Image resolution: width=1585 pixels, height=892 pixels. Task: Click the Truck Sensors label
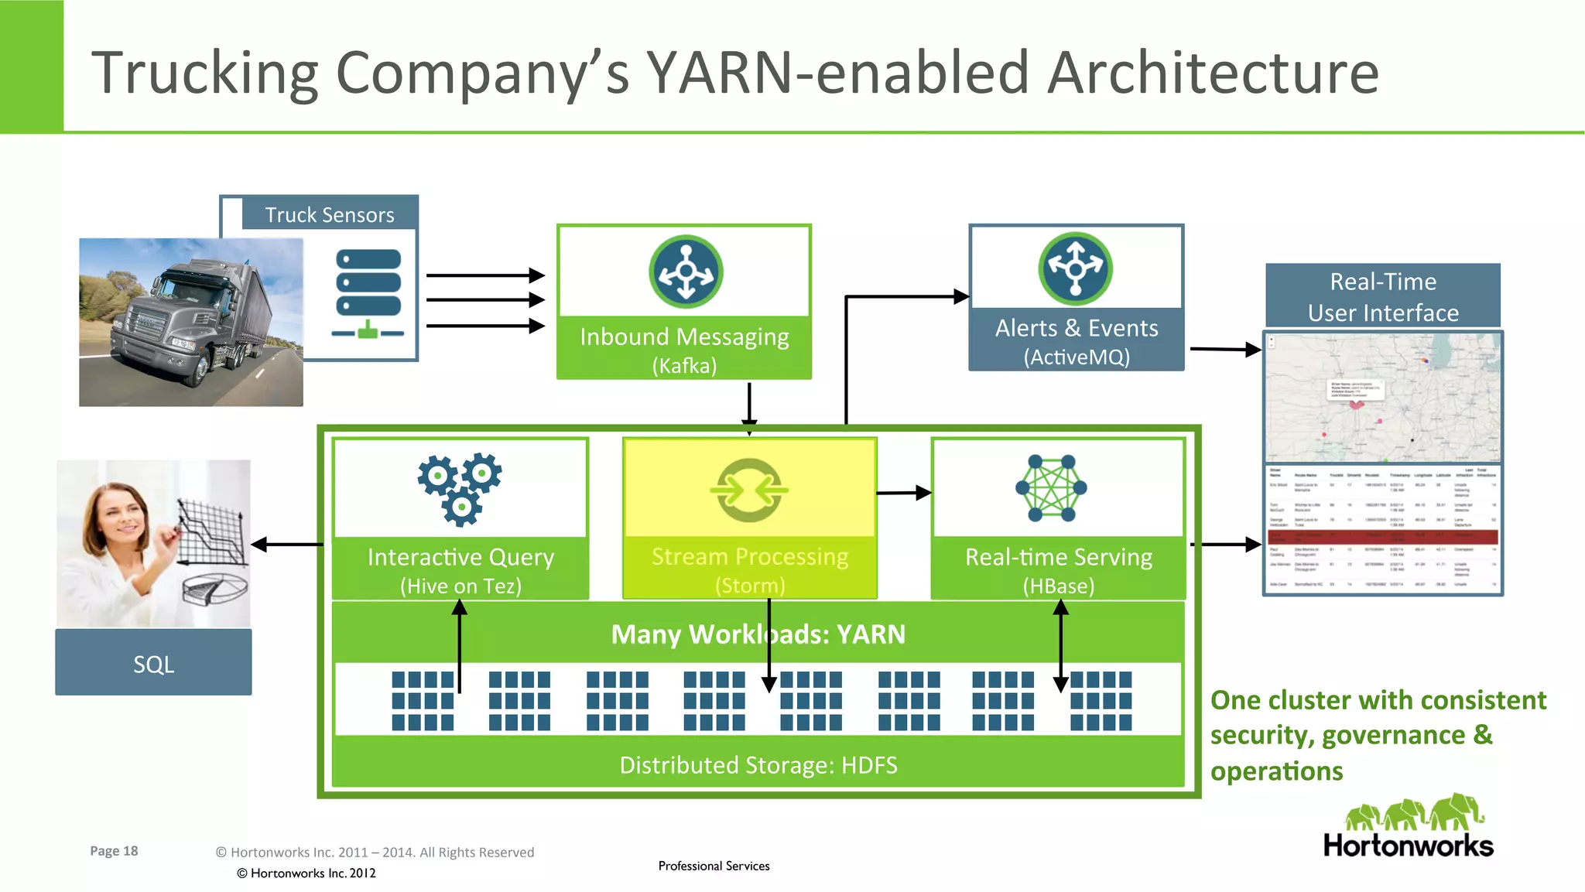coord(330,214)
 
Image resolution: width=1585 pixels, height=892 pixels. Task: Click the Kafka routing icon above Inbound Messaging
coord(686,272)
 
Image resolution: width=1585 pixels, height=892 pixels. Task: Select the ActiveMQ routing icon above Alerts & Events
coord(1075,268)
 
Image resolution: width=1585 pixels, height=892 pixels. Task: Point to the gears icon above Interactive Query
coord(460,488)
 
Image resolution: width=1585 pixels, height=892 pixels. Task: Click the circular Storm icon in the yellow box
coord(749,490)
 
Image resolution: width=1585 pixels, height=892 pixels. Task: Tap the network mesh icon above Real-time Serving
coord(1051,487)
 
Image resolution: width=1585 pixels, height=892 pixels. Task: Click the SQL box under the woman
coord(153,663)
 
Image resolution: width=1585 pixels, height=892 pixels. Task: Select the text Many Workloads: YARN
coord(757,634)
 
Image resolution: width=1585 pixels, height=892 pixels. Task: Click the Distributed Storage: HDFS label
coord(758,764)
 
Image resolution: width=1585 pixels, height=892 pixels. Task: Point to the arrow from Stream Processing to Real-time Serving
coord(903,493)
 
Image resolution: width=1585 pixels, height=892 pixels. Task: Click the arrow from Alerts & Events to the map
coord(1225,349)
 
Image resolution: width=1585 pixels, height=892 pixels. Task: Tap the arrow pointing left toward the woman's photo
coord(286,545)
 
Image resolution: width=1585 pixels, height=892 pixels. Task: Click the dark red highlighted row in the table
coord(1382,535)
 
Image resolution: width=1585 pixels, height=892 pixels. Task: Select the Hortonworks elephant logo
coord(1413,814)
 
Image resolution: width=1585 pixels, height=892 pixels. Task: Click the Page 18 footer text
coord(114,850)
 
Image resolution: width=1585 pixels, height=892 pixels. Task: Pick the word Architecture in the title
coord(1213,72)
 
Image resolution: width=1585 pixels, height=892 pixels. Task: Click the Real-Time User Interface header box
coord(1382,296)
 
